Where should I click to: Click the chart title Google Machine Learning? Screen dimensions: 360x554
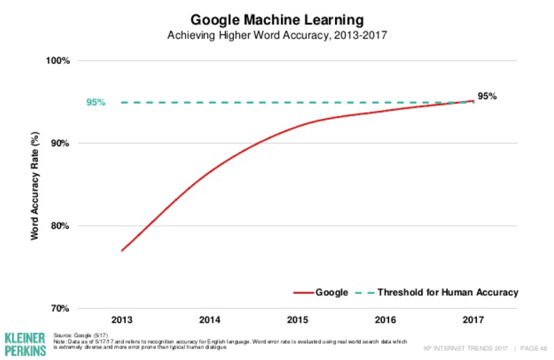(277, 19)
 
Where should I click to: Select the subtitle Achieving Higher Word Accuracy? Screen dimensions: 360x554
(277, 35)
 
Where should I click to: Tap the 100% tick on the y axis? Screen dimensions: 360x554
(58, 61)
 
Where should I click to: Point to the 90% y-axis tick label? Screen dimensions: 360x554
(60, 144)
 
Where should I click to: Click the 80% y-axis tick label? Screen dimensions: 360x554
(60, 226)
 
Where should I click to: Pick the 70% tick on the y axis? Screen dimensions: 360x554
(60, 309)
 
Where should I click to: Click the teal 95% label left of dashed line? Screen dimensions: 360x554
(95, 102)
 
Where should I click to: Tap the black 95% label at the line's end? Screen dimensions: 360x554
(487, 96)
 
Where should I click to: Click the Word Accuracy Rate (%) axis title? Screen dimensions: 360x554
(34, 184)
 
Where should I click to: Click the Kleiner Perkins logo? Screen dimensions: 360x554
(25, 343)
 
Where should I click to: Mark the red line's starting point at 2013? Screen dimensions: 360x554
(122, 250)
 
